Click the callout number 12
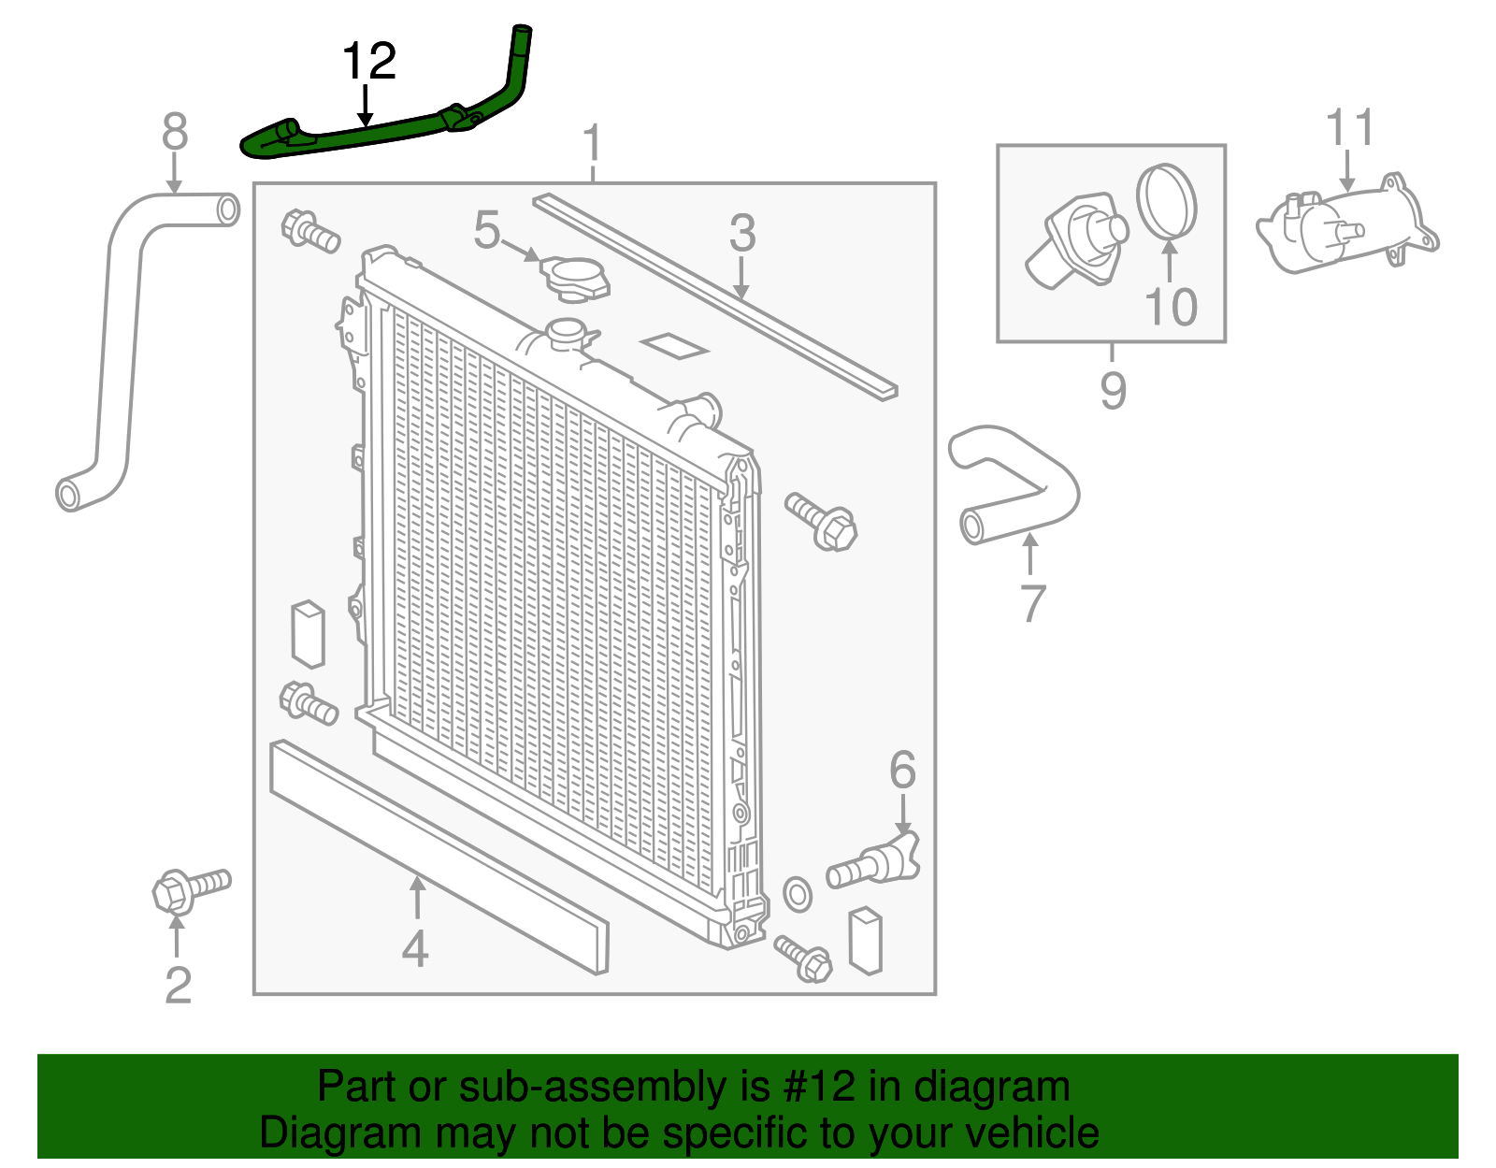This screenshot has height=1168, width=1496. (x=369, y=62)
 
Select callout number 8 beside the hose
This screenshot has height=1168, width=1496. (x=175, y=133)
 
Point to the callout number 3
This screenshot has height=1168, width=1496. (x=741, y=233)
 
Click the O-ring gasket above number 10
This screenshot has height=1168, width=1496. (x=1167, y=201)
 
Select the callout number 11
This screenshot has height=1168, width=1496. (x=1350, y=128)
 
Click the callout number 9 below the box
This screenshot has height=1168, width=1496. (x=1112, y=391)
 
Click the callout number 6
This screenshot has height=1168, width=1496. (x=902, y=771)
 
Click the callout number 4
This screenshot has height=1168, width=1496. (x=415, y=949)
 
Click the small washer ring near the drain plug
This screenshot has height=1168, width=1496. (x=797, y=895)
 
